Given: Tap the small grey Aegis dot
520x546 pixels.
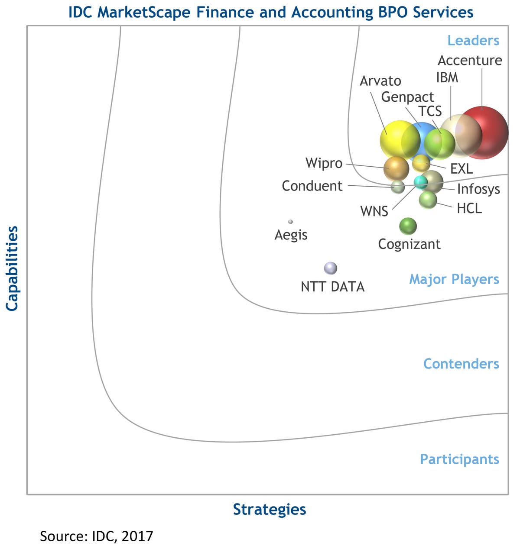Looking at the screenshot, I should tap(290, 222).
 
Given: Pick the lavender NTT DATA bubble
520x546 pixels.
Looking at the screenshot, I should tap(331, 268).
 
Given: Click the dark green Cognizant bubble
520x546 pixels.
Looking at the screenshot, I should tap(408, 226).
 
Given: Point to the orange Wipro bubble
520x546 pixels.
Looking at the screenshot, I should tap(396, 168).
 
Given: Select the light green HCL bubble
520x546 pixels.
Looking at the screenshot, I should tap(428, 199).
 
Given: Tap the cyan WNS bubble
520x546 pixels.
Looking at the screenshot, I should tap(420, 182).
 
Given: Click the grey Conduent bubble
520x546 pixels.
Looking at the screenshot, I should tap(398, 187).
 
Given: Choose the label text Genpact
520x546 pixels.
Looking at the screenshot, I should tap(407, 97).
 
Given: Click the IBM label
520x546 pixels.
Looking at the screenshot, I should tap(447, 78).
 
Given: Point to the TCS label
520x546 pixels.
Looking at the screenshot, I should tap(430, 111).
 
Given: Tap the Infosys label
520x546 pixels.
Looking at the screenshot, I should tap(478, 189).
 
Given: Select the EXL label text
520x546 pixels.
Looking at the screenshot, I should tap(461, 168).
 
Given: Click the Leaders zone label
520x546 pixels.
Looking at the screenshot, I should tap(473, 40).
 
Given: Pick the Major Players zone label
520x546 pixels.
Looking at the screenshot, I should tap(454, 279).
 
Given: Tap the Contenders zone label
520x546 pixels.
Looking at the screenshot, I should tap(461, 364).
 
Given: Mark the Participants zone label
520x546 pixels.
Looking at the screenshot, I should tap(459, 459).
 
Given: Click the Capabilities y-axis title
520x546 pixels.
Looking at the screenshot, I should tap(12, 268).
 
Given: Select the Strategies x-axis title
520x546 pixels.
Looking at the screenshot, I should tap(270, 509).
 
